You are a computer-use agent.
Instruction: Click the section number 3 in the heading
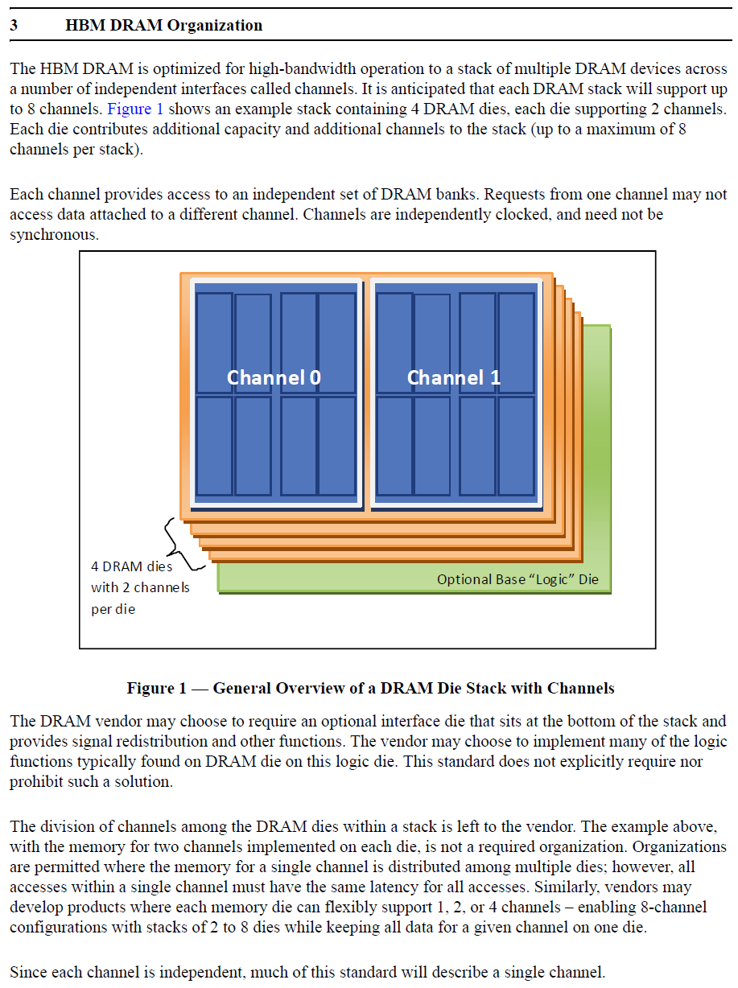coord(14,25)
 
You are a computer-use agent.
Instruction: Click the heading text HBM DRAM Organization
coord(163,25)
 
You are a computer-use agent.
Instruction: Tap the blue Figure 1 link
coord(135,109)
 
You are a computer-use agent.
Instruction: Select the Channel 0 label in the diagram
coord(274,377)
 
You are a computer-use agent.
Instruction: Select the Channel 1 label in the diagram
coord(453,377)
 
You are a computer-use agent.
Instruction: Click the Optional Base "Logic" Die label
coord(517,578)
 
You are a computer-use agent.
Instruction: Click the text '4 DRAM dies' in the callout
coord(131,566)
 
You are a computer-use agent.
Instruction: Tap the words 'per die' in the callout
coord(113,609)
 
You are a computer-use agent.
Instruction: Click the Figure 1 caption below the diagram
coord(370,688)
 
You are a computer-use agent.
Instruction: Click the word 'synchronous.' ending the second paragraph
coord(54,234)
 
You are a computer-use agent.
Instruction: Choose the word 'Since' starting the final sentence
coord(29,972)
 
